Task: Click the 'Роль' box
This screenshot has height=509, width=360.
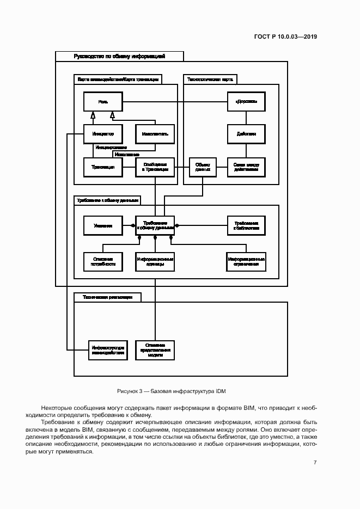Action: pos(102,102)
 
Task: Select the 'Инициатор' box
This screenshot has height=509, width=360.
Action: pos(102,134)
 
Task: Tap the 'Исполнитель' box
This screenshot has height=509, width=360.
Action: pos(155,134)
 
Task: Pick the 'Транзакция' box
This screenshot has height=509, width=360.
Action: pos(102,167)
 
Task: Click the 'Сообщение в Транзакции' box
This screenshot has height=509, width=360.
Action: pos(155,167)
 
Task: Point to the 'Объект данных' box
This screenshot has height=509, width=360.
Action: pos(203,167)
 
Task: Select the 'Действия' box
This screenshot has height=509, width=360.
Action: pos(246,134)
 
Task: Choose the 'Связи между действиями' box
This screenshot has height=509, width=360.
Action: pos(246,167)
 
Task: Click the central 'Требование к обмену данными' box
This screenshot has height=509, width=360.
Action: pos(155,225)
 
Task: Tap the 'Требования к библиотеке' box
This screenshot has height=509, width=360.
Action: pos(246,225)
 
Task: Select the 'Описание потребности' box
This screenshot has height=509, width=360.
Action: pos(102,261)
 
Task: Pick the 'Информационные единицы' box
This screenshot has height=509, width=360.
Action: pos(155,261)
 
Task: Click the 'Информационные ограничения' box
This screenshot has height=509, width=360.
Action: pos(246,261)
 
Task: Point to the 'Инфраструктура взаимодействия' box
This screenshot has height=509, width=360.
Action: pos(108,349)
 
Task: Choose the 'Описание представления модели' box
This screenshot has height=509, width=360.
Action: pos(155,349)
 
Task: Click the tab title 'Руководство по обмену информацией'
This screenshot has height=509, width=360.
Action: pos(119,56)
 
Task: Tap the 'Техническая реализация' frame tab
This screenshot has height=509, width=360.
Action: pos(107,297)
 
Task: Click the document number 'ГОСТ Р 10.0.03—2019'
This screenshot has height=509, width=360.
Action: pos(285,37)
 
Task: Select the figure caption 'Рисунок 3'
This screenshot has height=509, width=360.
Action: pos(171,391)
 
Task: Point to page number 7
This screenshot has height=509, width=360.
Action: pos(315,462)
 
